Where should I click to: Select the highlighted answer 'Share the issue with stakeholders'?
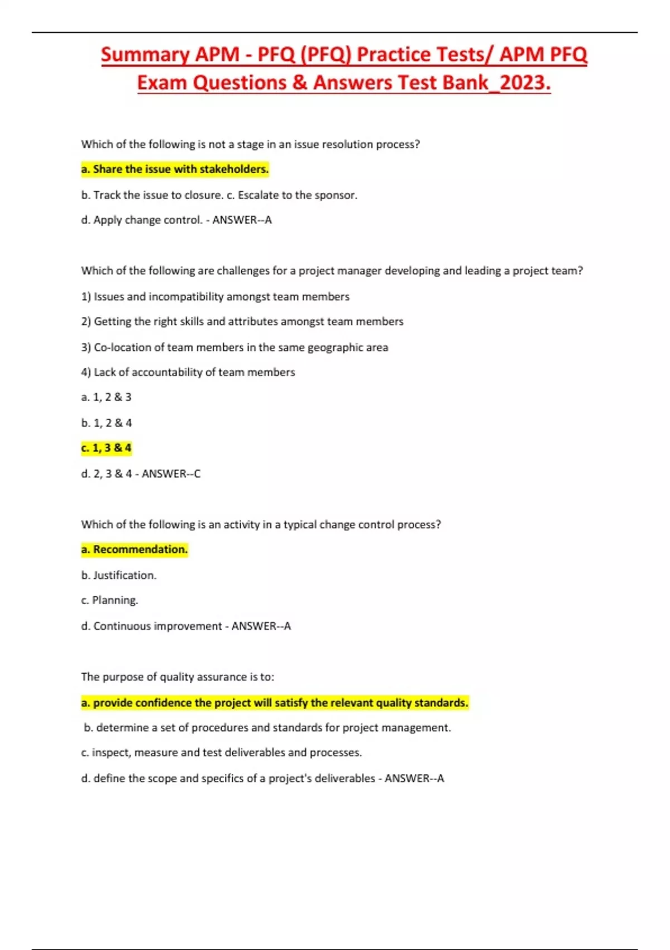[x=175, y=169]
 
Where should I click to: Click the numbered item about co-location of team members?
[x=234, y=347]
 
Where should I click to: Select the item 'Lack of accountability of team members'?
[x=188, y=372]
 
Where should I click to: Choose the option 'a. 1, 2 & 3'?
[x=106, y=397]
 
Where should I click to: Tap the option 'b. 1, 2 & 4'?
[x=106, y=423]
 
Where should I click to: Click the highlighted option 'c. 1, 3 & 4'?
[x=106, y=448]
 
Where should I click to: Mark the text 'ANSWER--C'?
[x=171, y=474]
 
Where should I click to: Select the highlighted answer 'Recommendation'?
[x=135, y=550]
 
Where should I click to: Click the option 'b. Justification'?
[x=118, y=575]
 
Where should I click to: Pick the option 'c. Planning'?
[x=109, y=600]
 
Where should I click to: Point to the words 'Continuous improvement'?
[x=157, y=626]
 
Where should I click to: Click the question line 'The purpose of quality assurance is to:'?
[x=178, y=677]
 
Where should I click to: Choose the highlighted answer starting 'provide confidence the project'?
[x=275, y=703]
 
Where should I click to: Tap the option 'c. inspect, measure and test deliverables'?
[x=221, y=753]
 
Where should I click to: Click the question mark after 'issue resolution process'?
[x=417, y=144]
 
